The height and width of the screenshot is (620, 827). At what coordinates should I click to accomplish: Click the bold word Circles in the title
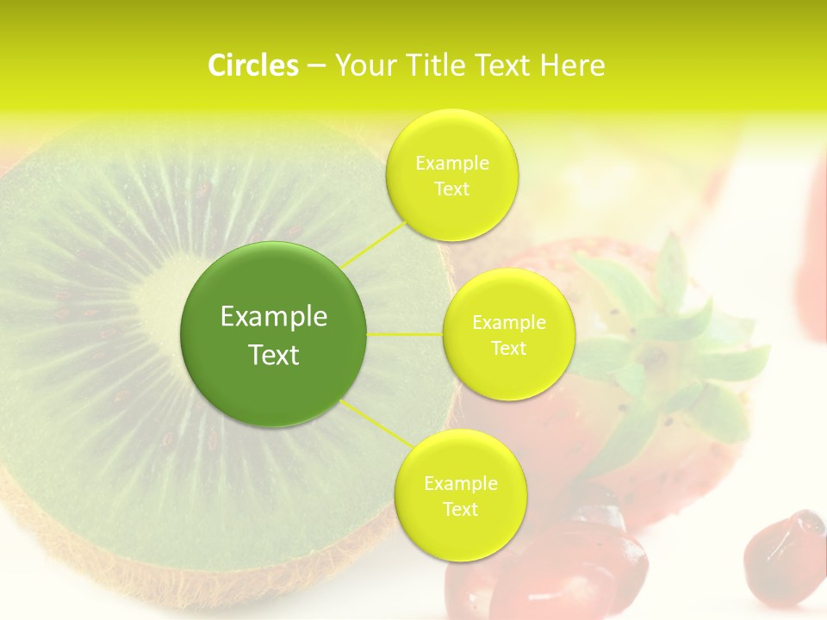click(x=252, y=65)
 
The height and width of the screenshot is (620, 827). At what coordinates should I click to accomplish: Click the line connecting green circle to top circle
click(x=372, y=243)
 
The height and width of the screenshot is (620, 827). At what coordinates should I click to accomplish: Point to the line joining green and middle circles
click(x=405, y=333)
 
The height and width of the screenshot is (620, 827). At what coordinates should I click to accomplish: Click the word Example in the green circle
click(x=274, y=317)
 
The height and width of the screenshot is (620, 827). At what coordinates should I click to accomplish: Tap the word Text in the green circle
click(x=274, y=355)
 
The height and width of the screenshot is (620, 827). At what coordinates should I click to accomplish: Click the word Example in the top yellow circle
click(x=452, y=163)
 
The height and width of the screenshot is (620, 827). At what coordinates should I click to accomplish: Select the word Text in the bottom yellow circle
click(x=460, y=509)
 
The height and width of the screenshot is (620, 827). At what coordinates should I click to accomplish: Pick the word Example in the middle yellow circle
click(x=509, y=323)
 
